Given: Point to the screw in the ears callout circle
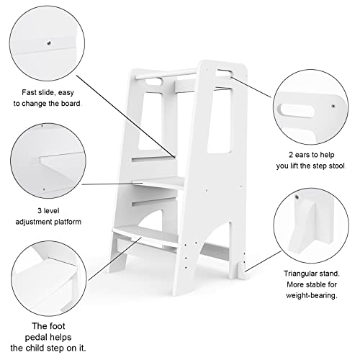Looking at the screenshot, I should (x=333, y=106).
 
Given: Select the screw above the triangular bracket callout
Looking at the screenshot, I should (x=296, y=196).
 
